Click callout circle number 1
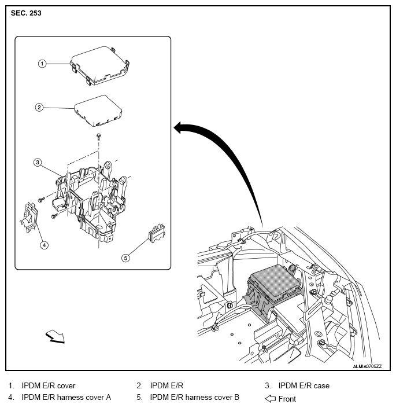coord(42,64)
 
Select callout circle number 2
coord(39,107)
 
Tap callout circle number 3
coord(37,163)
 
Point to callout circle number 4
coord(44,245)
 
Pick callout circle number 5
coord(125,258)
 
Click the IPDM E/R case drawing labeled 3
coord(95,197)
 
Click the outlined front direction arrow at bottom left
coord(55,336)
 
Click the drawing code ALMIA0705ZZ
coord(371,366)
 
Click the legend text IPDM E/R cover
coord(49,385)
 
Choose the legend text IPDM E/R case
coord(304,385)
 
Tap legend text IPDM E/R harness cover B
coord(194,398)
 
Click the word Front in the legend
coord(287,399)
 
